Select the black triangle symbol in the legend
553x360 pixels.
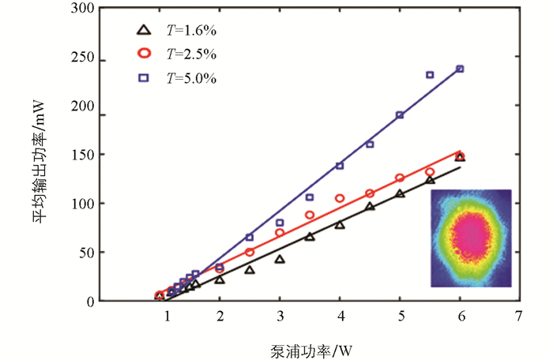click(143, 30)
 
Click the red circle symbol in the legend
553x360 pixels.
click(143, 54)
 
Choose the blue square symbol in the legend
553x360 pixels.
click(143, 77)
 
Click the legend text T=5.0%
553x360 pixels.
click(191, 78)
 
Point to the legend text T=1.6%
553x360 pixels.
click(191, 31)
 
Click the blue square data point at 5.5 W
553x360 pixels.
click(430, 75)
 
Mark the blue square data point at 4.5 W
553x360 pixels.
click(370, 144)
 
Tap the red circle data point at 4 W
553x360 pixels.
click(340, 198)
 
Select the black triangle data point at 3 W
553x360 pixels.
click(280, 259)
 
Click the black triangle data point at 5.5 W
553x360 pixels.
click(430, 180)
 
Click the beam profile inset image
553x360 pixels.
click(472, 238)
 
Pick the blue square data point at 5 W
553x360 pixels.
click(400, 115)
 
